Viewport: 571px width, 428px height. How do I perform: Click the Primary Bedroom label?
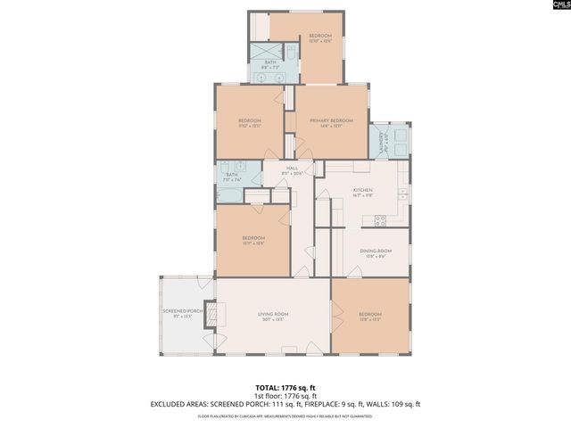331,122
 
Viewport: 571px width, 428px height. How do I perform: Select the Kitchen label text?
362,192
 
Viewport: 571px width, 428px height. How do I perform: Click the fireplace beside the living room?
211,314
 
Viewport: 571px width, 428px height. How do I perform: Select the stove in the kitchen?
380,220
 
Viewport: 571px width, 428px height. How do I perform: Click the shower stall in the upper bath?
261,52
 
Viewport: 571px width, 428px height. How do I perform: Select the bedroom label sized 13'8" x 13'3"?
369,316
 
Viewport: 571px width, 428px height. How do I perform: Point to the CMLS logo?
554,6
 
